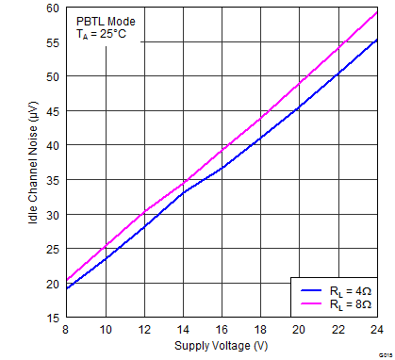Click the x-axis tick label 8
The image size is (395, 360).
66,329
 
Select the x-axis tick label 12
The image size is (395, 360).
144,329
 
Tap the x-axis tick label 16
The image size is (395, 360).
222,329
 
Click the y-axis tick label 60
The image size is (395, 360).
51,8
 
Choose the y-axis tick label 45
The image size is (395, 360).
51,111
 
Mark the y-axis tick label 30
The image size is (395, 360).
51,215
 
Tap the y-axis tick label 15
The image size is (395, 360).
51,319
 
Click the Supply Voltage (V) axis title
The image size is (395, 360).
222,345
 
